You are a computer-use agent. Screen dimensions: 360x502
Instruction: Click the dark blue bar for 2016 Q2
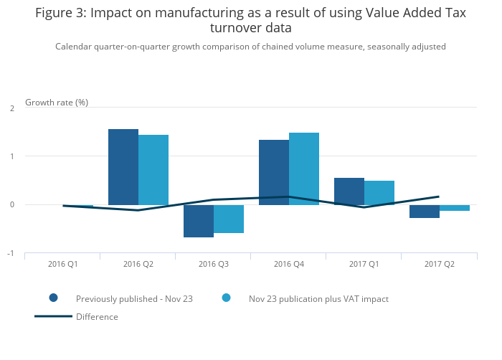tap(123, 167)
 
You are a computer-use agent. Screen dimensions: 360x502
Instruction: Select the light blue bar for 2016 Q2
tap(153, 170)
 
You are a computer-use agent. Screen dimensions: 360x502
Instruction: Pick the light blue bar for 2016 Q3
tap(229, 219)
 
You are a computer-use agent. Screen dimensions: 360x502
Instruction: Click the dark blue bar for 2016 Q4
tap(274, 172)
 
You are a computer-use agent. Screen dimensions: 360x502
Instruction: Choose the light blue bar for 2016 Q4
tap(304, 169)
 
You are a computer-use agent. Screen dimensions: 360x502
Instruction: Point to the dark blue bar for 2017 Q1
tap(349, 191)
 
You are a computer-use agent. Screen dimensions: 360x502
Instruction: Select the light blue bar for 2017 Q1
tap(379, 193)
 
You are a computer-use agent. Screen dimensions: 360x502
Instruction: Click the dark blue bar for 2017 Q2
tap(425, 212)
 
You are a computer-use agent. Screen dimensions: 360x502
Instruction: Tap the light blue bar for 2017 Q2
tap(455, 208)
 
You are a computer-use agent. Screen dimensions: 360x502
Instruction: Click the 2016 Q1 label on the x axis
tap(63, 265)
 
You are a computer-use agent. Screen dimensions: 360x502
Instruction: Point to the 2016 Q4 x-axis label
tap(289, 265)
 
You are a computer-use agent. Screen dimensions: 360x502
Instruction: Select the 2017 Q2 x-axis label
tap(440, 265)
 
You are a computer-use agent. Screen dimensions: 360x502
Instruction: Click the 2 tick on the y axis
tap(12, 108)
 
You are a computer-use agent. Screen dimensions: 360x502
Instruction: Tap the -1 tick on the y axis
tap(11, 254)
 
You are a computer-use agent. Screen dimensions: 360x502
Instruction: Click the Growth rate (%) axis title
tap(57, 103)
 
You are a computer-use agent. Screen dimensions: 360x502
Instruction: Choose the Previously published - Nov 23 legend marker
tap(53, 298)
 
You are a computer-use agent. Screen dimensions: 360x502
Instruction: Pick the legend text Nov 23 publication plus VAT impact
tap(318, 298)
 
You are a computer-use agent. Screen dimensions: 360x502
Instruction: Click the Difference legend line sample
tap(53, 316)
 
